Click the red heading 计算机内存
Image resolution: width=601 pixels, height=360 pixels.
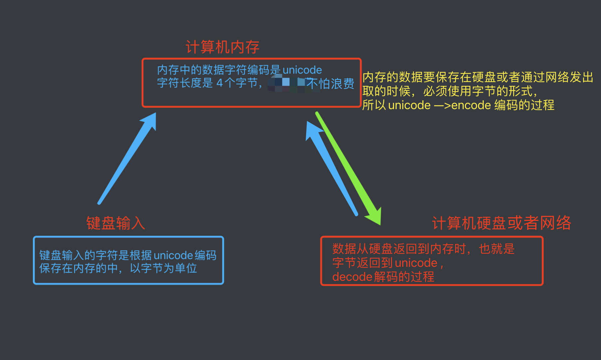point(222,47)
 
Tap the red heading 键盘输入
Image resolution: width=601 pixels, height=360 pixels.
point(115,223)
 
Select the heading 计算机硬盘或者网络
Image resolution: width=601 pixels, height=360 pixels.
point(501,223)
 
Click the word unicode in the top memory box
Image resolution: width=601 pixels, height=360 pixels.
point(302,70)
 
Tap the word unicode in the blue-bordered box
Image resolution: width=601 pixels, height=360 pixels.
point(173,255)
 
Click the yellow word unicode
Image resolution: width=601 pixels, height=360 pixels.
point(409,105)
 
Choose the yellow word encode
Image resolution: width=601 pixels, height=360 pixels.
point(471,105)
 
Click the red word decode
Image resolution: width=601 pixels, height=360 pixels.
point(352,277)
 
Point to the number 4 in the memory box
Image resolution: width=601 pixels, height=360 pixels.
point(220,83)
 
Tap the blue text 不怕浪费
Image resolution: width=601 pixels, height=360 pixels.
point(330,84)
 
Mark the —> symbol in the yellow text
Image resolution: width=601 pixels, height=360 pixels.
point(442,105)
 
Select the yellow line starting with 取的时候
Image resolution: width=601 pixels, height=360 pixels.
point(449,91)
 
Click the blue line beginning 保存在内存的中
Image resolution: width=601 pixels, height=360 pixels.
point(118,268)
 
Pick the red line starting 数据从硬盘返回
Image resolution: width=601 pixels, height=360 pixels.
point(423,249)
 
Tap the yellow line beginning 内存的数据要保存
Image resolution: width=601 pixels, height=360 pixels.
point(478,77)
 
